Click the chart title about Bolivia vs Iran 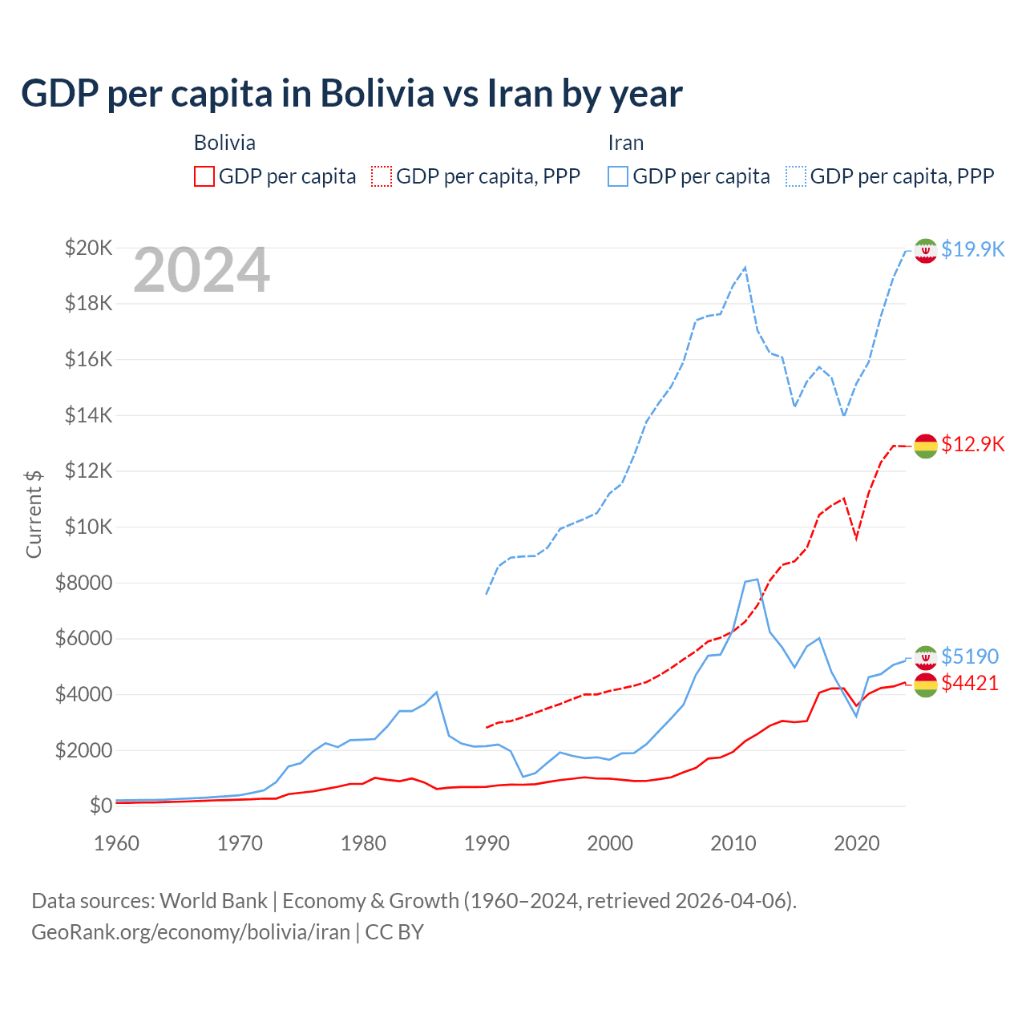point(352,94)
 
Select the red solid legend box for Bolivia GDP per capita point(204,176)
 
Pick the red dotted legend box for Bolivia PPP point(382,176)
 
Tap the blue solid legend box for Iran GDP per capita point(618,176)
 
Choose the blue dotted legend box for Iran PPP point(796,176)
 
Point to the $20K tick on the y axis point(89,248)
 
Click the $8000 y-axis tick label point(83,583)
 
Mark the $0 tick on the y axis point(101,806)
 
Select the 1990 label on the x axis point(487,843)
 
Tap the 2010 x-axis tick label point(733,843)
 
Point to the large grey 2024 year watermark point(202,271)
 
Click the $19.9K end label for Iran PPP point(972,249)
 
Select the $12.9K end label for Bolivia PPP point(972,444)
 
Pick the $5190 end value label point(970,656)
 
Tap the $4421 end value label point(970,683)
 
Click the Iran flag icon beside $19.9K point(926,250)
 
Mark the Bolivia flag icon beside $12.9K point(926,446)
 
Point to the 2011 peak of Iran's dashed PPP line point(745,268)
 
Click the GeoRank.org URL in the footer point(191,932)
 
